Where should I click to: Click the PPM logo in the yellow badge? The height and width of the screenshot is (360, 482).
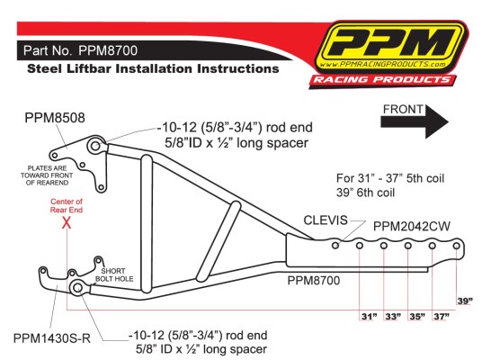pos(390,46)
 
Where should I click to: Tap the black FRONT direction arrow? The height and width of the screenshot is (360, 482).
pos(414,121)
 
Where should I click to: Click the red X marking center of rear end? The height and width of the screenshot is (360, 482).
pos(67,222)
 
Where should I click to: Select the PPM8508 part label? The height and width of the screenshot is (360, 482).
pos(55,118)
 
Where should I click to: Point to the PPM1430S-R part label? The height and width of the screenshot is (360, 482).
pos(52,338)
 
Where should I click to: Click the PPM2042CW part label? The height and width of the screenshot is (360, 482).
pos(411,227)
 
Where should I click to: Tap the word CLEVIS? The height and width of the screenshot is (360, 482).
pos(326,220)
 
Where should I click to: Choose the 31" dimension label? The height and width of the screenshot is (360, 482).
pos(369,316)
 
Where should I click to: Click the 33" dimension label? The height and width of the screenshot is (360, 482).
pos(393,316)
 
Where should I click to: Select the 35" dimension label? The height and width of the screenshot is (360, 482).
pos(417,316)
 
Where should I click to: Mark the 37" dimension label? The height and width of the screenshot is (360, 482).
pos(442,316)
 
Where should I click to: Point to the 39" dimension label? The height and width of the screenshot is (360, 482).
pos(465,301)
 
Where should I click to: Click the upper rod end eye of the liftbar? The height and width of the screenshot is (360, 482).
pos(95,146)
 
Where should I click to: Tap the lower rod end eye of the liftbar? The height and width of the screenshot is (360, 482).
pos(77,287)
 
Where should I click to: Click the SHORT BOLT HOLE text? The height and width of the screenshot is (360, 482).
pos(113,274)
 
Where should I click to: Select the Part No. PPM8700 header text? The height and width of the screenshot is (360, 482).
pos(81,50)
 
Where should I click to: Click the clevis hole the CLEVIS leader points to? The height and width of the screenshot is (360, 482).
pos(335,245)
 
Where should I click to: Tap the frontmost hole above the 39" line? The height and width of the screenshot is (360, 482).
pos(457,246)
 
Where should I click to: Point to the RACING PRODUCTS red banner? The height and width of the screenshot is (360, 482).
pos(382,80)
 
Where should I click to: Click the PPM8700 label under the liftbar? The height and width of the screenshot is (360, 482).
pos(314,280)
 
